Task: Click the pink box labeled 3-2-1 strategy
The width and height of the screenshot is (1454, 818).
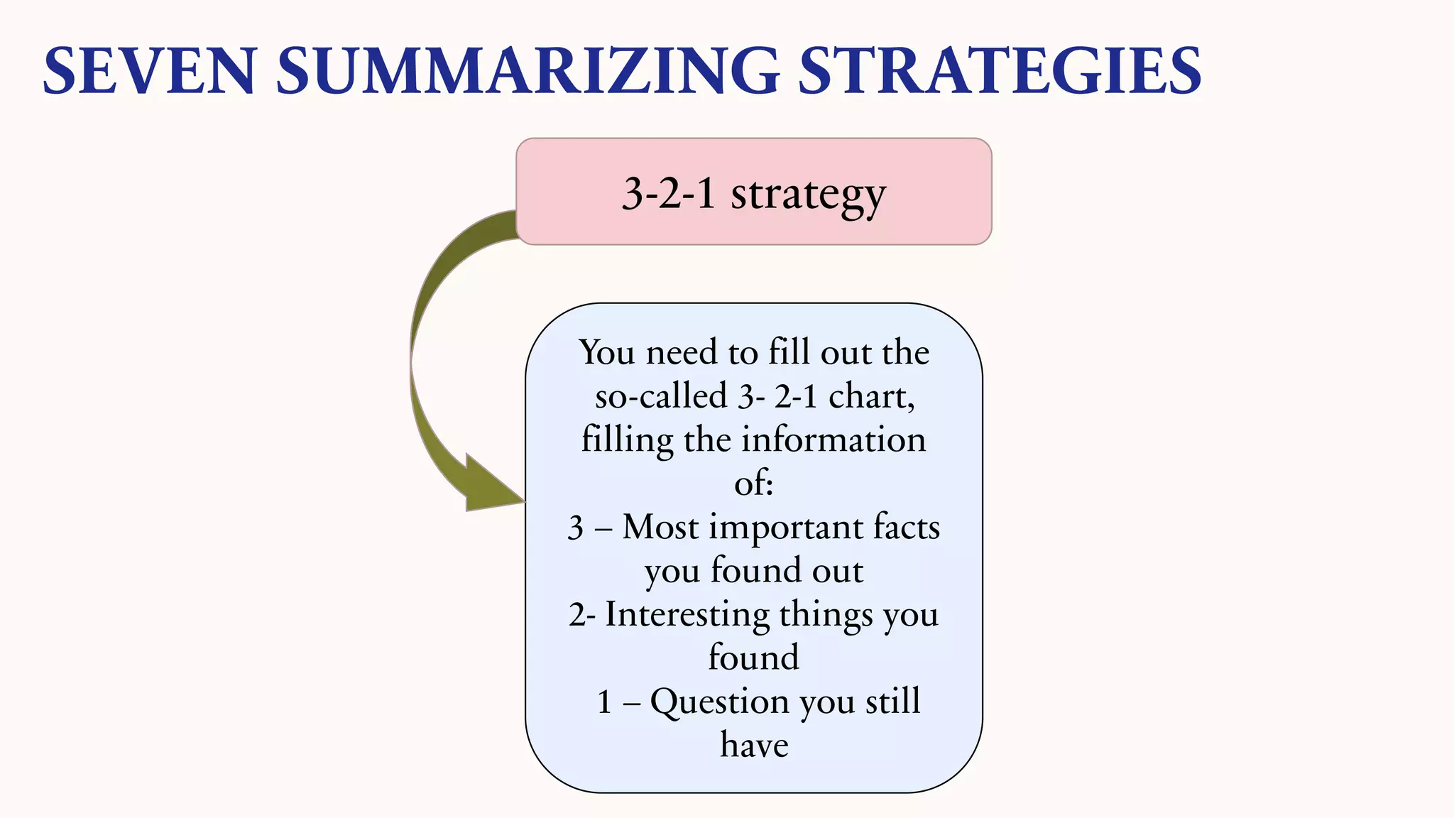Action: [753, 192]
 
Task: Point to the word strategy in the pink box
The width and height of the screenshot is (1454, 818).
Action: [809, 194]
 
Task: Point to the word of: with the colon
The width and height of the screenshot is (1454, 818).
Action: [753, 484]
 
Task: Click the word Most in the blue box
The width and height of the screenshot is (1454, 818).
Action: [660, 528]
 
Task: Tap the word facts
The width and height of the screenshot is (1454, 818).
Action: [907, 528]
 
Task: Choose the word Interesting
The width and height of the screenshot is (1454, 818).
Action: [687, 615]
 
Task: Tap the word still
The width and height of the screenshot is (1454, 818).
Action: [892, 702]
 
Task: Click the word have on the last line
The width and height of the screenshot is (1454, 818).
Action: [754, 745]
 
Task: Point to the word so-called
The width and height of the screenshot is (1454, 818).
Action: [661, 396]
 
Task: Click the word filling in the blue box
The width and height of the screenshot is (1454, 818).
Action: [627, 441]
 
